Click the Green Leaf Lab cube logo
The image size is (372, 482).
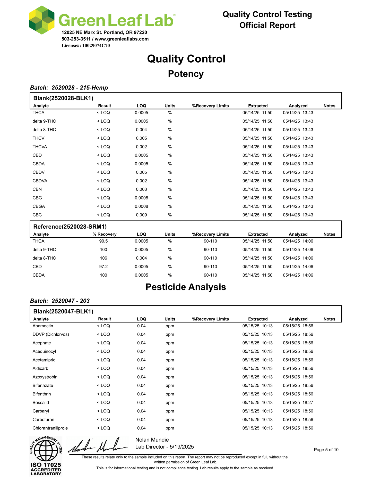(x=42, y=20)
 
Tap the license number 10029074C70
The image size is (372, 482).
(x=96, y=46)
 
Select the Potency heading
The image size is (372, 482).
(x=186, y=74)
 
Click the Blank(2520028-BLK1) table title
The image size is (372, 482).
(x=63, y=98)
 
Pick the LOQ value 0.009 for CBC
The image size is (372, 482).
(x=141, y=215)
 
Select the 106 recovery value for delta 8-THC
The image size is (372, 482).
(x=103, y=258)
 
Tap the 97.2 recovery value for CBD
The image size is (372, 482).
(x=103, y=267)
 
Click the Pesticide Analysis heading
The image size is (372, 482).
(x=186, y=287)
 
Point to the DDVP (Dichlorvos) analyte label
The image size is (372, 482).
(x=51, y=335)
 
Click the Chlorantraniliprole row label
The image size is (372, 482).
(x=50, y=428)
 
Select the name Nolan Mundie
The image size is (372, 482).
(x=152, y=440)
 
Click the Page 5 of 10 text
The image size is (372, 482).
(x=326, y=450)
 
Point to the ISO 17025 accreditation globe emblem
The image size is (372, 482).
(x=46, y=450)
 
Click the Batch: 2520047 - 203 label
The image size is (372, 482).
(x=60, y=301)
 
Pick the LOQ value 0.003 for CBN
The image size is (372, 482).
(x=141, y=189)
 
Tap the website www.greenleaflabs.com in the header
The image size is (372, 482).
(x=123, y=39)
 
